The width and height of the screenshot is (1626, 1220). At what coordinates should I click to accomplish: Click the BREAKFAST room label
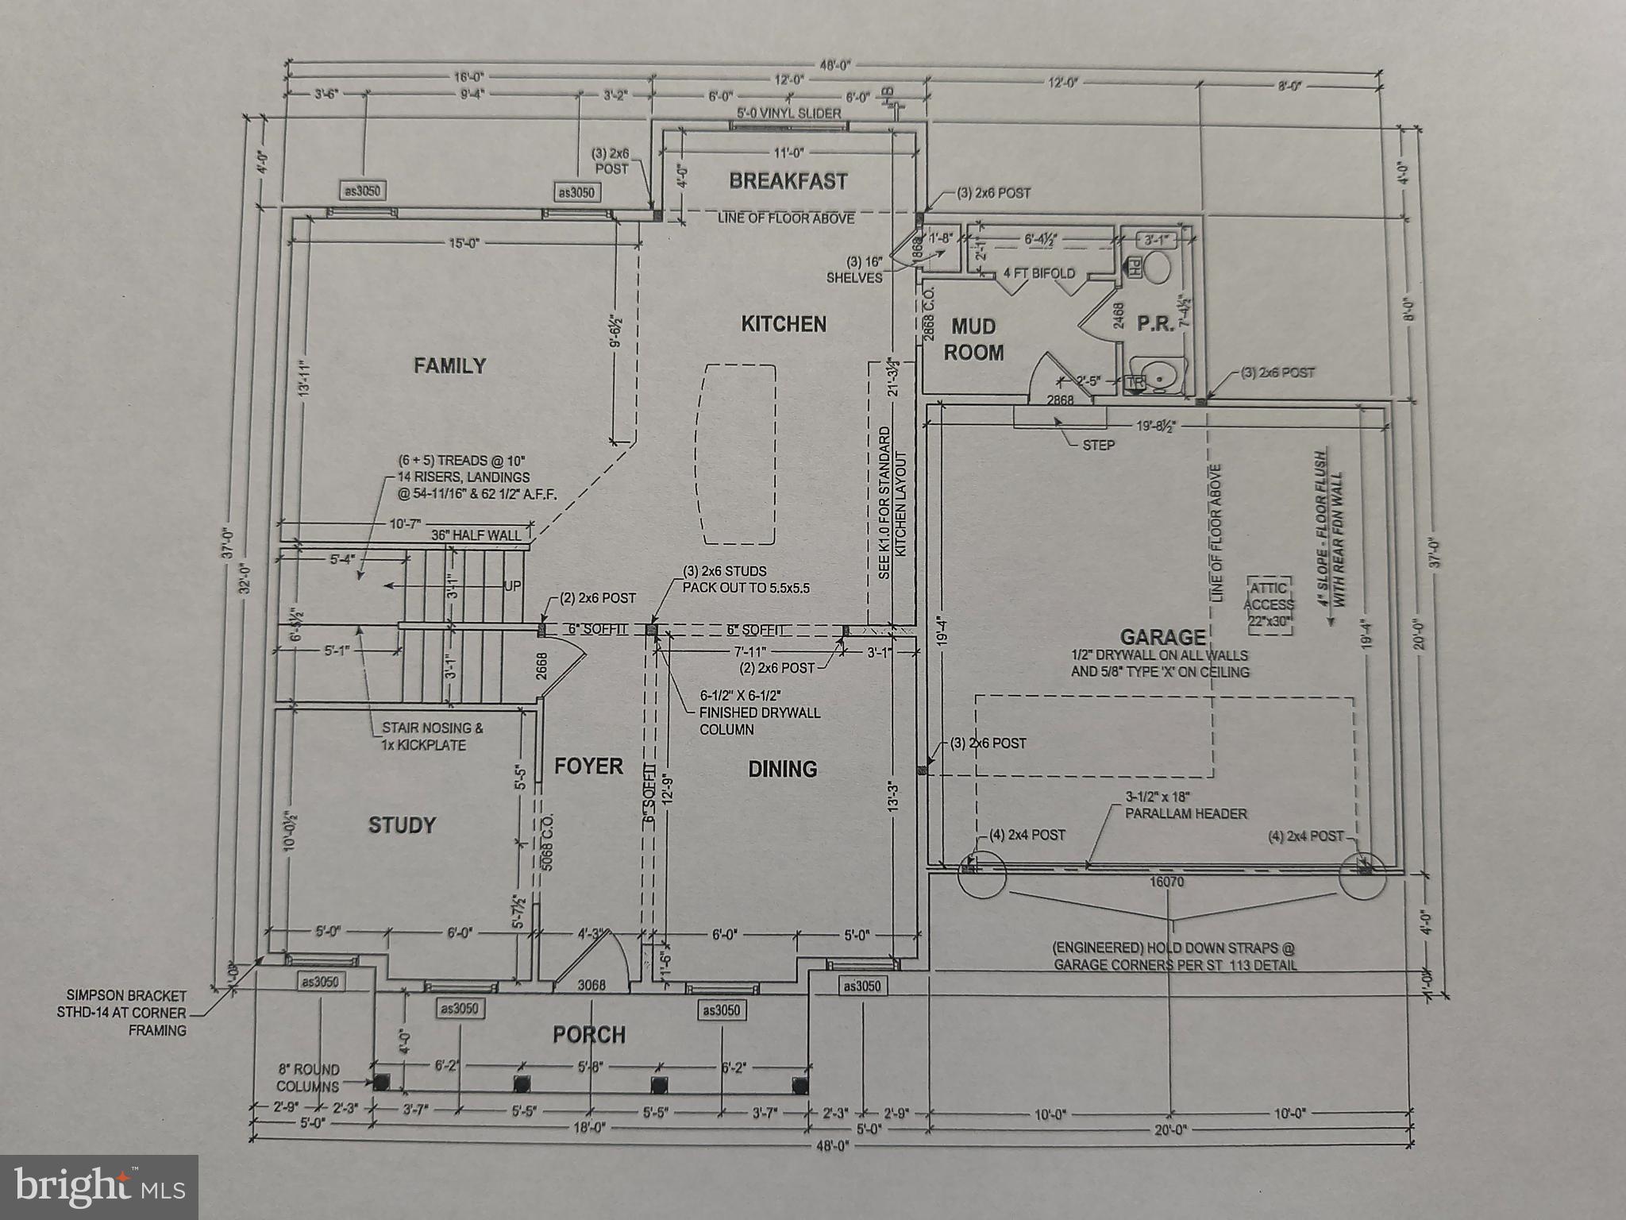(x=788, y=181)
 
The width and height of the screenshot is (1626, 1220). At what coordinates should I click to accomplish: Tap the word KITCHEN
(x=784, y=324)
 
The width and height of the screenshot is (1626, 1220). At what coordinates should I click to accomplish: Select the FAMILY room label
(x=449, y=365)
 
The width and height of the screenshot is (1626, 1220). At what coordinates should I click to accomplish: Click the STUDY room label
(x=402, y=825)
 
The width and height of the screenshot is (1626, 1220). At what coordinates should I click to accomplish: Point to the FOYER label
(x=588, y=766)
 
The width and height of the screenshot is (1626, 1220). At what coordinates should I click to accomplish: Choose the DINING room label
(x=782, y=769)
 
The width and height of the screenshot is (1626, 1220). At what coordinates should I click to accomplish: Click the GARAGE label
(x=1162, y=637)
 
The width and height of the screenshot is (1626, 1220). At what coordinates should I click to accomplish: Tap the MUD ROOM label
(x=973, y=339)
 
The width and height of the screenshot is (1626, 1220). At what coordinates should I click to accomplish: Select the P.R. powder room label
(x=1155, y=325)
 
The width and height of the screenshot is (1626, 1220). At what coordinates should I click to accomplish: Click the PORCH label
(x=589, y=1035)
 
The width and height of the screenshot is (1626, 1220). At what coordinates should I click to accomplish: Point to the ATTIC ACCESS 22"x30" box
(x=1269, y=605)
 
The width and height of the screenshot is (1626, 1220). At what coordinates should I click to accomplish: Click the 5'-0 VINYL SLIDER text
(x=788, y=114)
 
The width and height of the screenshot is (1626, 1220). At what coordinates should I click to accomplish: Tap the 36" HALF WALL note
(x=476, y=535)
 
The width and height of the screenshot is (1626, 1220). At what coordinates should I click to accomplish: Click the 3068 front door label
(x=591, y=985)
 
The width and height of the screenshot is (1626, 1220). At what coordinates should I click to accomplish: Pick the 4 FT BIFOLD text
(x=1038, y=273)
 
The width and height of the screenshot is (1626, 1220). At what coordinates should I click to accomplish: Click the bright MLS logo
(x=98, y=1187)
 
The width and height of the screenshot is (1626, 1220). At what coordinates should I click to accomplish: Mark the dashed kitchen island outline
(x=735, y=454)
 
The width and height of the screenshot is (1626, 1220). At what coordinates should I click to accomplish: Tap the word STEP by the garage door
(x=1098, y=445)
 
